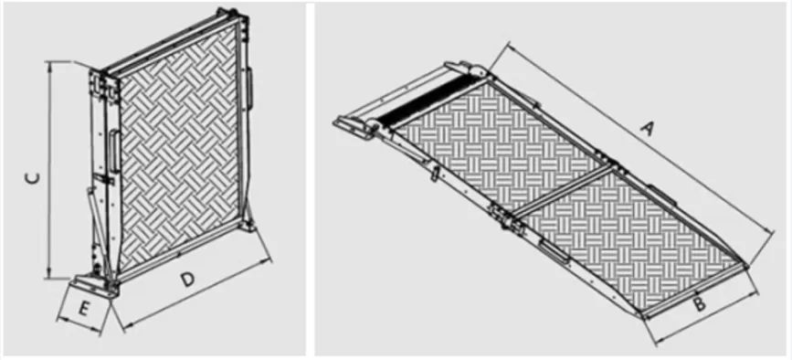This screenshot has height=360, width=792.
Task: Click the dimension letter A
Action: click(x=649, y=131)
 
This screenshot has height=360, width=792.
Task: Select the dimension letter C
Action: click(x=30, y=180)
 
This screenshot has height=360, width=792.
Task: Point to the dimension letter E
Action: click(x=82, y=308)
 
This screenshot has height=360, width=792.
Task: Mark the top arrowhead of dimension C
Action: click(x=48, y=65)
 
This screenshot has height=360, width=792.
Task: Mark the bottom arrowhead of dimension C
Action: click(x=48, y=276)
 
